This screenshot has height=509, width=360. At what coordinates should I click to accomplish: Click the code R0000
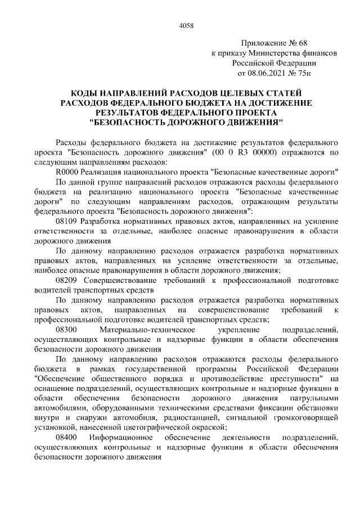click(67, 172)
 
